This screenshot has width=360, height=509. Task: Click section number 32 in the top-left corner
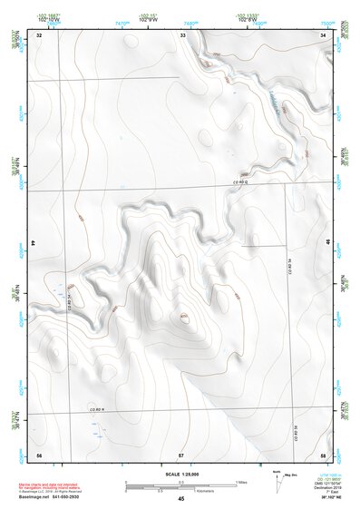point(39,34)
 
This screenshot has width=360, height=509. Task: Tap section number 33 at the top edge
point(182,34)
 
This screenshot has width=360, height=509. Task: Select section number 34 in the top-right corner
point(324,34)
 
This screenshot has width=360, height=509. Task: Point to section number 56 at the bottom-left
point(39,454)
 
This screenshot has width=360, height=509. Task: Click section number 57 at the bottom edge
point(181,454)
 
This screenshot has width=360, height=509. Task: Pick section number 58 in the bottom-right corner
point(324,454)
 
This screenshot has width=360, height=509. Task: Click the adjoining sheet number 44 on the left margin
point(34,244)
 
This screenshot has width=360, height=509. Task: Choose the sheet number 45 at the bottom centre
point(181,499)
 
